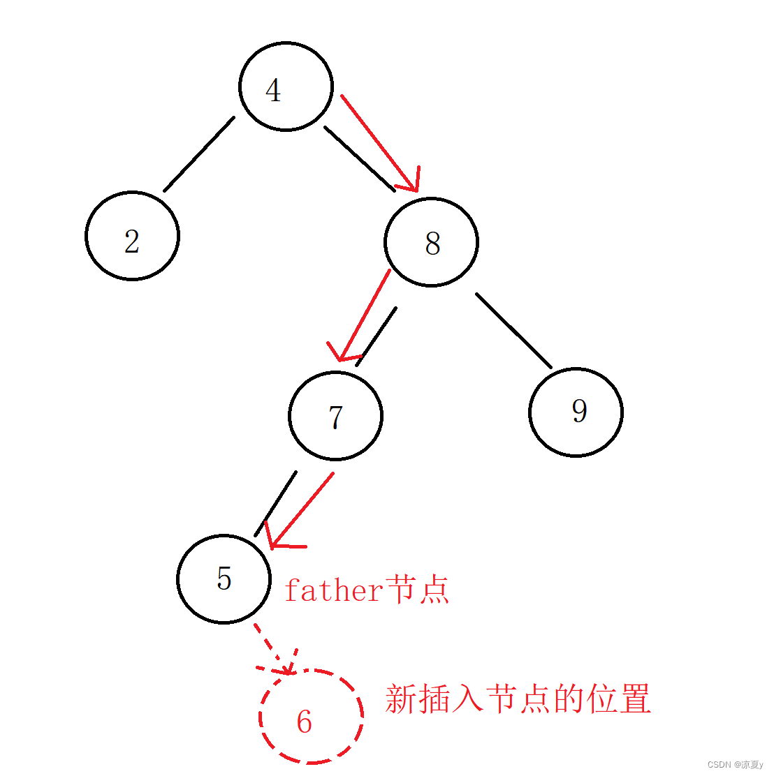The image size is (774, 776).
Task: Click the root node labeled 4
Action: [286, 87]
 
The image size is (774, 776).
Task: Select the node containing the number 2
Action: [132, 236]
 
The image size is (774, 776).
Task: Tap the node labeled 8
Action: [431, 242]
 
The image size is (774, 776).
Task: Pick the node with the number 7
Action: [335, 416]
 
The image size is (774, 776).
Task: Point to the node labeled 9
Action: [576, 412]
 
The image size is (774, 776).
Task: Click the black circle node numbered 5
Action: [224, 579]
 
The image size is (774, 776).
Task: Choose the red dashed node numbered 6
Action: [311, 716]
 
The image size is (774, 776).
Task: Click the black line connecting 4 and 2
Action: [199, 154]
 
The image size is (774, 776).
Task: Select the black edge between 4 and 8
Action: [359, 158]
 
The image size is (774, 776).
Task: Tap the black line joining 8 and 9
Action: [513, 330]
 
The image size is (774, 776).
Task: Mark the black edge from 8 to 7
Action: [377, 336]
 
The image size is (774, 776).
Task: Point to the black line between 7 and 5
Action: [276, 503]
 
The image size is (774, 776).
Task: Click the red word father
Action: [334, 591]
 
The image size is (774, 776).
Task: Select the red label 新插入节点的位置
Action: [518, 699]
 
